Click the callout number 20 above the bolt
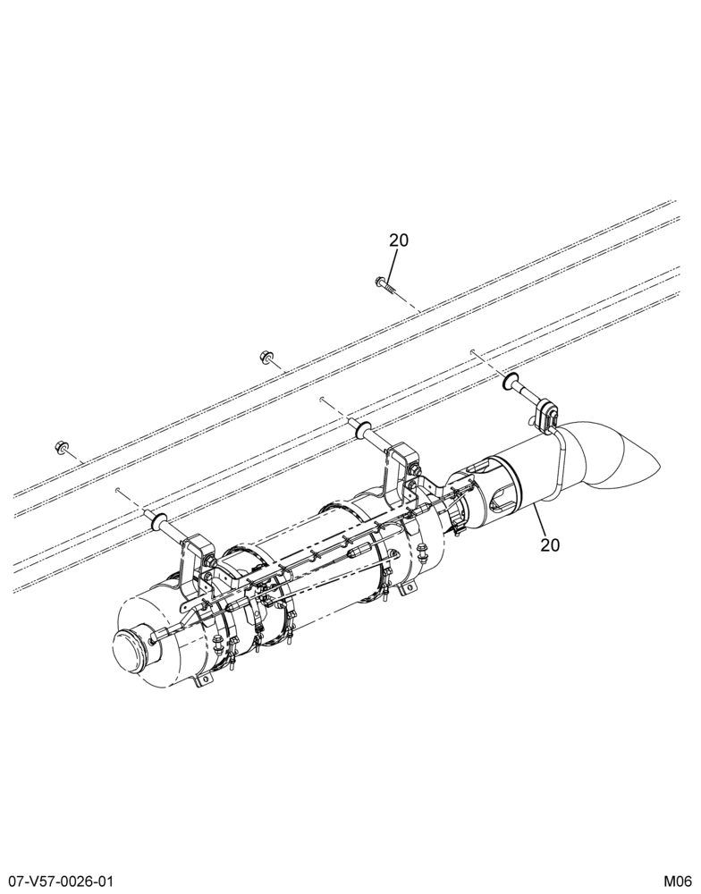pos(400,240)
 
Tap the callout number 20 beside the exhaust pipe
pos(550,545)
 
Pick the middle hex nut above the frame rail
pos(265,357)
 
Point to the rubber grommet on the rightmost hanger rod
pos(510,382)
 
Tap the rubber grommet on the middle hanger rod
pos(362,429)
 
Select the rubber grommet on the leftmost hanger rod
pos(158,520)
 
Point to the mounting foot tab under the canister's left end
pos(202,679)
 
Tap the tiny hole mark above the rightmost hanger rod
pos(473,351)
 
